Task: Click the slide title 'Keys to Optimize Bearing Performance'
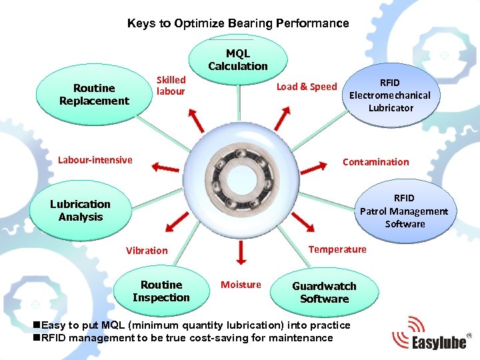coord(238,23)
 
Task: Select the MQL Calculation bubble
coord(238,60)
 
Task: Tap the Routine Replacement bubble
coord(94,95)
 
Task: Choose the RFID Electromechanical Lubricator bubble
coord(391,95)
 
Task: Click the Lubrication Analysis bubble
coord(81,211)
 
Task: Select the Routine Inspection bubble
coord(161,291)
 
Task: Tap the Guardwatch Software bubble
coord(325,292)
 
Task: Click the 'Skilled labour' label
coord(171,85)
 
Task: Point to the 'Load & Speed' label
coord(307,87)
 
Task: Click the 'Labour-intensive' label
coord(95,160)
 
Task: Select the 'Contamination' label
coord(375,162)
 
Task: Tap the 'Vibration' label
coord(147,251)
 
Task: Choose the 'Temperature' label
coord(337,249)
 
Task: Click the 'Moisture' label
coord(241,285)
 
